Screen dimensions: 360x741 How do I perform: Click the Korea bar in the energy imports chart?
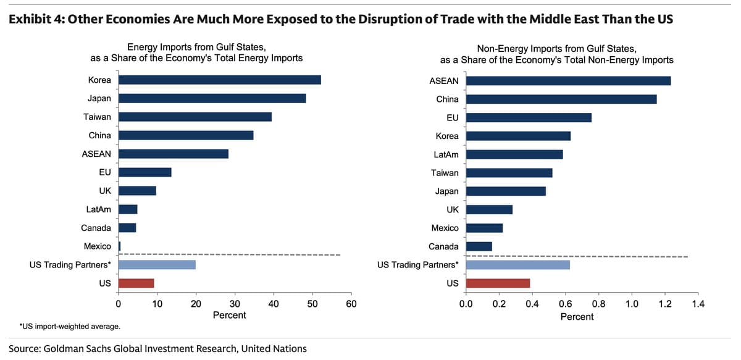pos(219,80)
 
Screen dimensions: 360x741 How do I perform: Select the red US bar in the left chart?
pos(136,283)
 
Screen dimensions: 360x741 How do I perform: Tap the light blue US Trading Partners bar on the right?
pos(517,265)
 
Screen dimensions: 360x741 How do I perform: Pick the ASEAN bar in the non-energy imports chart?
pos(568,81)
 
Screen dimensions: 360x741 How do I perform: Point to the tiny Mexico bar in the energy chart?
pos(119,246)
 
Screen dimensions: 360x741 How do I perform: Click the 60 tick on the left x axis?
pos(351,304)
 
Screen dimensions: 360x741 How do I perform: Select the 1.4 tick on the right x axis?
pos(698,304)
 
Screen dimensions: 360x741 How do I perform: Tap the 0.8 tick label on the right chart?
pos(598,304)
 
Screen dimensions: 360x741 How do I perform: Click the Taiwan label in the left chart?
pos(98,117)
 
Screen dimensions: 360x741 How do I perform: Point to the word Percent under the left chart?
pos(229,316)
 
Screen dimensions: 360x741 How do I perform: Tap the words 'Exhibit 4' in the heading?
pos(35,19)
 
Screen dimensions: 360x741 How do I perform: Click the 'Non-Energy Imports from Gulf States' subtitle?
pos(556,48)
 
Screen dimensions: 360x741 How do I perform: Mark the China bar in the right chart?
pos(561,99)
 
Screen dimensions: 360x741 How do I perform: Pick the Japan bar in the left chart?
pos(212,98)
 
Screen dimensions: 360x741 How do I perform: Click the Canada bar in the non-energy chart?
pos(479,246)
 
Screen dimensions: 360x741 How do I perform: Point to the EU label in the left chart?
pos(104,172)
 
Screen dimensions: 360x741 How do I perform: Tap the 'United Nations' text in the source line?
pos(274,348)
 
